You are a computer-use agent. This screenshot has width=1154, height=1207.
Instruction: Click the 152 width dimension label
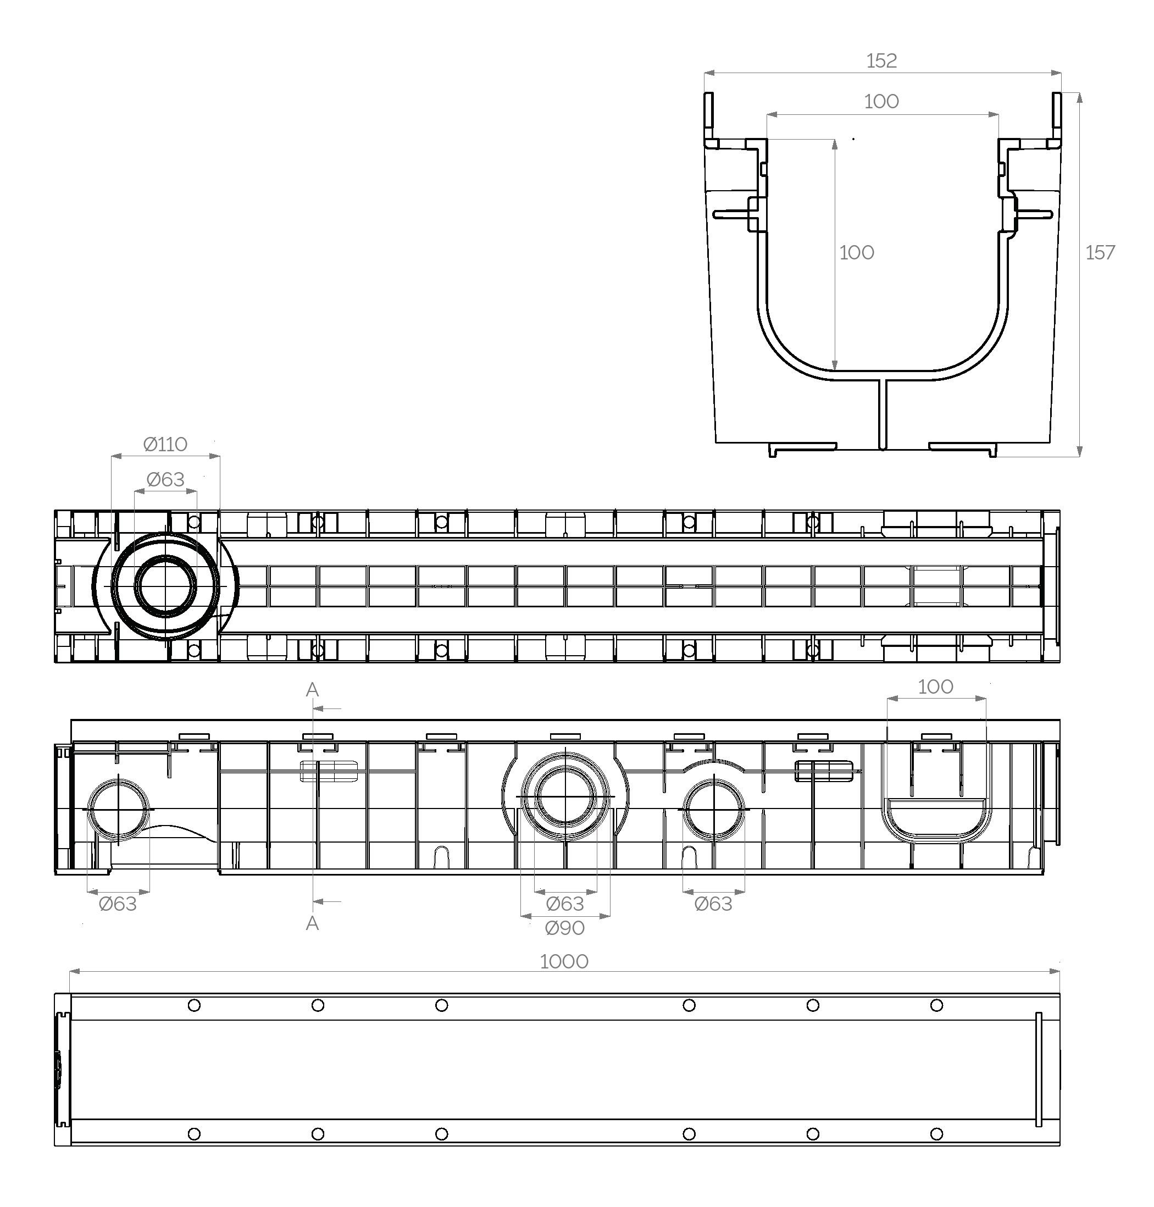[x=881, y=60]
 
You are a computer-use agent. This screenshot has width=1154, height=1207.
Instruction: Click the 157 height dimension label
[x=1100, y=253]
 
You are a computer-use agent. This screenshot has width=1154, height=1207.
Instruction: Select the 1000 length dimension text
[x=564, y=961]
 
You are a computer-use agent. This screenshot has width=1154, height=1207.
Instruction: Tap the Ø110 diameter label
[x=165, y=444]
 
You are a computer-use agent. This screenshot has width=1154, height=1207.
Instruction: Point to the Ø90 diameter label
[x=565, y=928]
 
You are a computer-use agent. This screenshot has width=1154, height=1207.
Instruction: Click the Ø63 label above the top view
[x=165, y=479]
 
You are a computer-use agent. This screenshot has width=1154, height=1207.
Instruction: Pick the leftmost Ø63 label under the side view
[x=118, y=904]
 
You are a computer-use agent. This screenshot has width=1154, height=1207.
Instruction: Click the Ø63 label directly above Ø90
[x=565, y=904]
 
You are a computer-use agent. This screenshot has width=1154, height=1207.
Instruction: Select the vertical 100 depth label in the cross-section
[x=856, y=253]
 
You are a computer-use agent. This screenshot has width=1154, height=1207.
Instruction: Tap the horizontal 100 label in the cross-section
[x=881, y=102]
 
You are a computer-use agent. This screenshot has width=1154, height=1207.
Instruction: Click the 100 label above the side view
[x=936, y=686]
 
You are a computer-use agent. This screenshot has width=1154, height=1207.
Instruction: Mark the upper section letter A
[x=313, y=690]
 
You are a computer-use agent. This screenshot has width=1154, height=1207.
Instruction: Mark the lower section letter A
[x=313, y=923]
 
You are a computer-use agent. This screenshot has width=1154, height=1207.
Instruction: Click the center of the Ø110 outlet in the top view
[x=165, y=586]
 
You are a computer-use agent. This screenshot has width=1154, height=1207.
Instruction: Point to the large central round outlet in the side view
[x=565, y=796]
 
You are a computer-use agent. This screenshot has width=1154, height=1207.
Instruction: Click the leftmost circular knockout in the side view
[x=118, y=810]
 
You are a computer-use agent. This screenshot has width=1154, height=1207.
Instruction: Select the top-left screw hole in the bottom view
[x=194, y=1006]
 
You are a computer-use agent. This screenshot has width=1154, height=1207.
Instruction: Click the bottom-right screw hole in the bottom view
[x=936, y=1134]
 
